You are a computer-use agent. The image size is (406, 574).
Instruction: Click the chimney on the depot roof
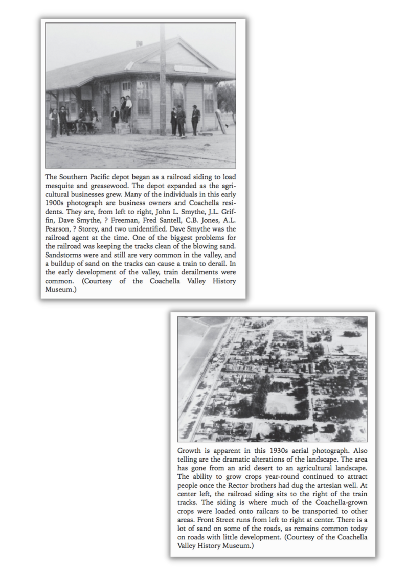139,44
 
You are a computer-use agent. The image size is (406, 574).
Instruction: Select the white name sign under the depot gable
191,68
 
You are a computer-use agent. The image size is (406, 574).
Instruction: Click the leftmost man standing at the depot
53,123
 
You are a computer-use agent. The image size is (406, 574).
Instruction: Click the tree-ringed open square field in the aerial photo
281,403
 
